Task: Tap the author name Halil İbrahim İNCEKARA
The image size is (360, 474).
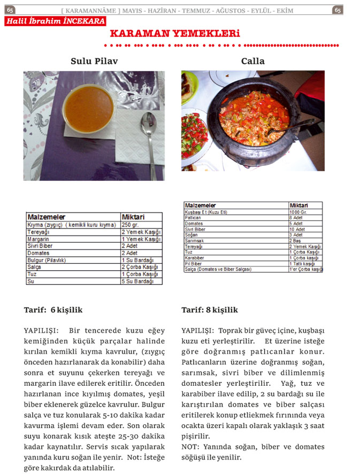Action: [x=56, y=21]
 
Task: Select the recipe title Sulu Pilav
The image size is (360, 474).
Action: [x=94, y=61]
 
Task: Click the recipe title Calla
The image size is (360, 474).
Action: [x=252, y=61]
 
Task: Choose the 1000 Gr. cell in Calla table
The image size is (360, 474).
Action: [x=305, y=212]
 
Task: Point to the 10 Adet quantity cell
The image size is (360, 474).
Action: [x=305, y=229]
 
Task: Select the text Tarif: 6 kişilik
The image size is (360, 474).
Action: [x=53, y=310]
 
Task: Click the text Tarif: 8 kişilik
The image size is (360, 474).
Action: [x=210, y=310]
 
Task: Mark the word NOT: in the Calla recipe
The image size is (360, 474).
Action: [x=191, y=447]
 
